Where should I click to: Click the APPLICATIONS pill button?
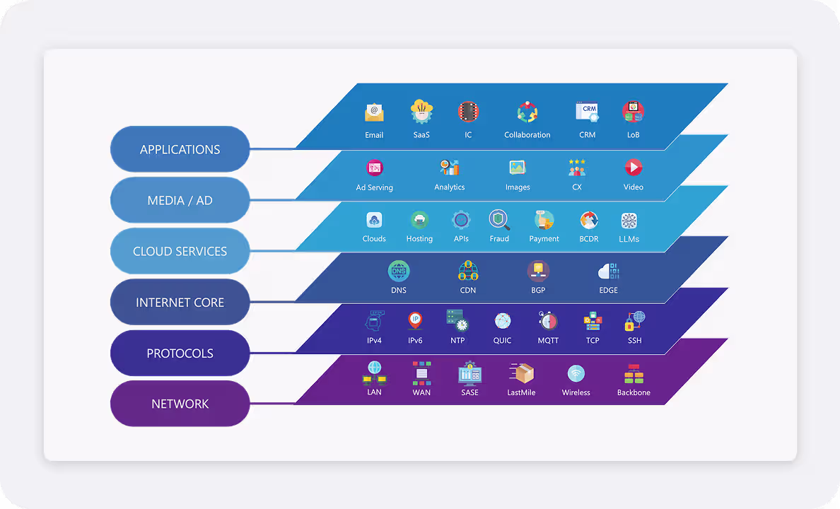pos(180,149)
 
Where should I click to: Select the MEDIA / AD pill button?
pos(180,200)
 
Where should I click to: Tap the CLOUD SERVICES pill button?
pos(180,251)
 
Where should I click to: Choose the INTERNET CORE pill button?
pos(180,302)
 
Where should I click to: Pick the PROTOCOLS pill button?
pos(180,353)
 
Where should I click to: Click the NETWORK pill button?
pos(180,404)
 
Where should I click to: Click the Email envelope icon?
pos(374,112)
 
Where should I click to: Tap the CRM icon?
pos(588,112)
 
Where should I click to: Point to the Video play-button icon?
pos(633,168)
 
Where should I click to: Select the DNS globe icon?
pos(399,271)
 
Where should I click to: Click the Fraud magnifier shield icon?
pos(499,220)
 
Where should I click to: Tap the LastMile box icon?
pos(521,373)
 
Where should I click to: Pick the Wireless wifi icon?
pos(576,373)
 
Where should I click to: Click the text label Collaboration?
pos(527,135)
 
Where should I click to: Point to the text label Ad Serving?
pos(374,187)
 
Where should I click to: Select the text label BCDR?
pos(588,239)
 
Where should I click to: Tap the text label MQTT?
pos(548,341)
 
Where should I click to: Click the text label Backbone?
pos(634,392)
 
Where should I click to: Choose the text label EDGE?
pos(608,290)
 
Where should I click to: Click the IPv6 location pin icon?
pos(415,321)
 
